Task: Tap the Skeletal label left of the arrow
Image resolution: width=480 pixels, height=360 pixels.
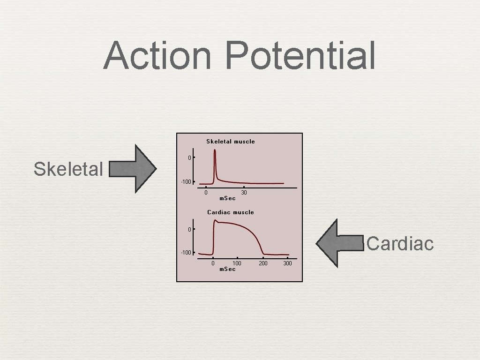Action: tap(68, 169)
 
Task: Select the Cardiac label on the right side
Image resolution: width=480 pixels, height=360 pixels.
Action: tap(400, 243)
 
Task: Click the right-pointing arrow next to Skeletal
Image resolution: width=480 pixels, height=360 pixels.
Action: tap(133, 169)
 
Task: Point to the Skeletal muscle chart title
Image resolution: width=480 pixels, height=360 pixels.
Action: tap(231, 141)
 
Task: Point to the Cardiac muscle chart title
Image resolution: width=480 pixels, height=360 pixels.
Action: tap(231, 212)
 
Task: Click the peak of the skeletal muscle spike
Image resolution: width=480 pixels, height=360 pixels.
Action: tap(215, 150)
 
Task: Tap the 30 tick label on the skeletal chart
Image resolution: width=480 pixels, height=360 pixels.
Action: tap(244, 193)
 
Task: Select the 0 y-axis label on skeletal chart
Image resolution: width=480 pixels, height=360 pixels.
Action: tap(189, 158)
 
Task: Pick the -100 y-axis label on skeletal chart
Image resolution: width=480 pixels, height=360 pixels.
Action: tap(187, 182)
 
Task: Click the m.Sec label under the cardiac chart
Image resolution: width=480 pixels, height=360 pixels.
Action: tap(227, 269)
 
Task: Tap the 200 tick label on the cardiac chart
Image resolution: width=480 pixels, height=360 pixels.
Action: tap(263, 263)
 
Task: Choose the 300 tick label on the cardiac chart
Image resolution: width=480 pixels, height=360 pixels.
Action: tap(288, 263)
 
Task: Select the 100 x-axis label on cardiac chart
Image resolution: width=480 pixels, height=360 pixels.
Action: tap(237, 263)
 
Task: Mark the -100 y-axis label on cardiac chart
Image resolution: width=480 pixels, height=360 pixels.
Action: tap(187, 253)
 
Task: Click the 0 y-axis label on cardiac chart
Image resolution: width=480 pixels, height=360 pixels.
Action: tap(189, 229)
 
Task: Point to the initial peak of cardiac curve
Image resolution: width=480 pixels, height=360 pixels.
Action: tap(215, 220)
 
